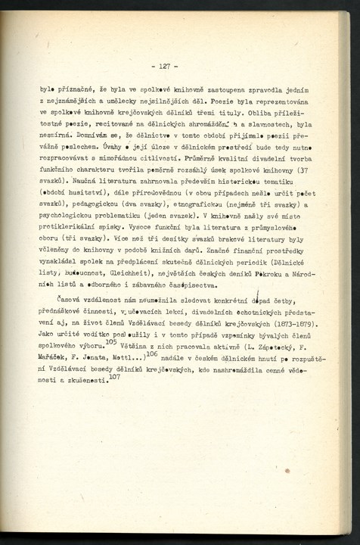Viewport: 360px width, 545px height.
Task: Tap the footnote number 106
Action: tap(151, 354)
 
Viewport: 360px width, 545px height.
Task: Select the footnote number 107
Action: tap(113, 377)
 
